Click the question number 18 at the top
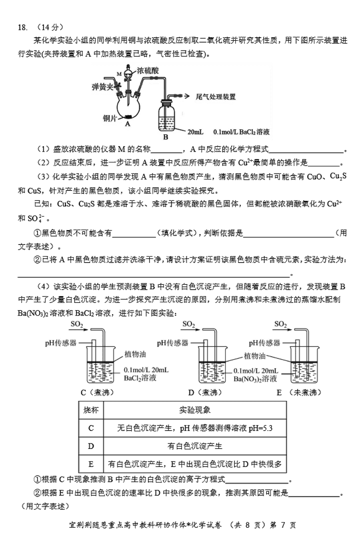coord(22,28)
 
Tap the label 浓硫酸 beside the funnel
coord(148,70)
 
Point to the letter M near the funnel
coord(119,74)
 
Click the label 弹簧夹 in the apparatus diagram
coord(102,87)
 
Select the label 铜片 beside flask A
coord(110,119)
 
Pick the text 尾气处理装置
coord(216,97)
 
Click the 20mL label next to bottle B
coord(195,132)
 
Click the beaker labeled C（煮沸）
coord(100,365)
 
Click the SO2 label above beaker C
coord(77,324)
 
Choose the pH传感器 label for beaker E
coord(264,343)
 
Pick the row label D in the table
coord(91,446)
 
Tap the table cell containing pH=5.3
coord(195,428)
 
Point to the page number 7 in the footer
coord(283,525)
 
